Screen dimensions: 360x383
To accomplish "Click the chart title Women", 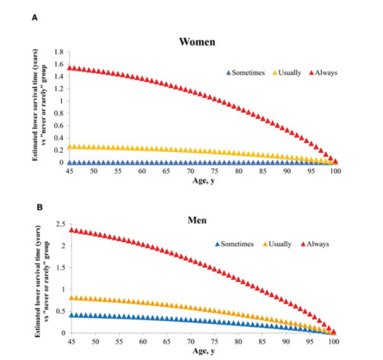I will (x=198, y=42).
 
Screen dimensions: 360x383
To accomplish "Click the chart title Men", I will (x=197, y=220).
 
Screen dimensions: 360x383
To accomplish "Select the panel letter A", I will (x=34, y=19).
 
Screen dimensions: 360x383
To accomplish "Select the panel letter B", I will (x=40, y=206).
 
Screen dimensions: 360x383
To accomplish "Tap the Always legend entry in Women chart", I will (x=323, y=73).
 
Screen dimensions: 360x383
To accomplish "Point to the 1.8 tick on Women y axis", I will (x=58, y=52).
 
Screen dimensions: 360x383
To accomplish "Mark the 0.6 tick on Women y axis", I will (x=58, y=125).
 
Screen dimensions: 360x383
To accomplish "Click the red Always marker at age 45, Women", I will (x=70, y=68).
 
